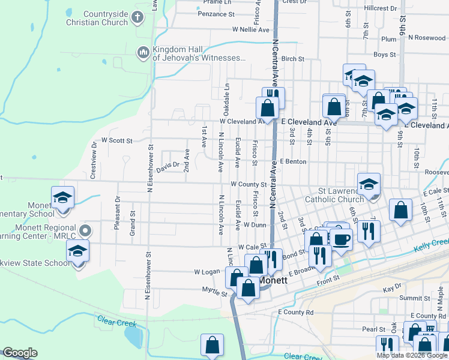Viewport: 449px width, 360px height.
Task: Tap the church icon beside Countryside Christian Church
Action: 138,17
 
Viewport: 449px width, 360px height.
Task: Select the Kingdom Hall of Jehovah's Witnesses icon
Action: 143,53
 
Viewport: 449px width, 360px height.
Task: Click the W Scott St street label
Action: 116,140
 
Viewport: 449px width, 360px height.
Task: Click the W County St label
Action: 248,184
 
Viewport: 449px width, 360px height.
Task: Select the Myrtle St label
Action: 215,294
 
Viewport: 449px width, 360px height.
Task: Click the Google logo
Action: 20,353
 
